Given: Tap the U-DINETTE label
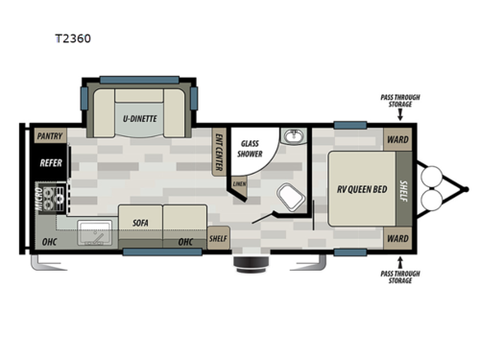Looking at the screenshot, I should pos(139,119).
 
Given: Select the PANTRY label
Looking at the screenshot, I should pos(49,137).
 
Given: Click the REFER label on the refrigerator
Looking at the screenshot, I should pos(50,163).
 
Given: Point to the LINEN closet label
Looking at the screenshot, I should pos(238,183).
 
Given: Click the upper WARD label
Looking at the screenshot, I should pos(397,138).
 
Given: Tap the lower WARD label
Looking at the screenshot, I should pos(397,238).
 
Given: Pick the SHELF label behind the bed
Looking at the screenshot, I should pos(405,188).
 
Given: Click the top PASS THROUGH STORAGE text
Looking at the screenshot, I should pos(397,102).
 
